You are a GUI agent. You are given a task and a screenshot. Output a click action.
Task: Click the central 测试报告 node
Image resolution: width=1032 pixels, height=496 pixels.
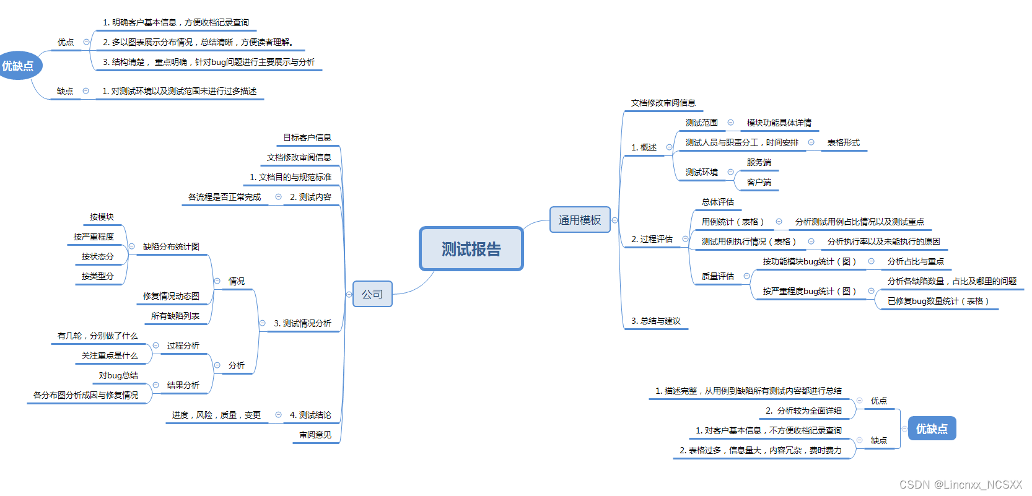(x=471, y=249)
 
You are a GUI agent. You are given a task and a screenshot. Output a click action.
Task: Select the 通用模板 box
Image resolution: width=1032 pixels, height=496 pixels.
(x=579, y=220)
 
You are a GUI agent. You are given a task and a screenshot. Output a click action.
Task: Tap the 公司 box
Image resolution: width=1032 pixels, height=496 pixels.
(x=372, y=294)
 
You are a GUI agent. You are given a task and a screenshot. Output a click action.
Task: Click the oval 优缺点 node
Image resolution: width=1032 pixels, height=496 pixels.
(x=18, y=66)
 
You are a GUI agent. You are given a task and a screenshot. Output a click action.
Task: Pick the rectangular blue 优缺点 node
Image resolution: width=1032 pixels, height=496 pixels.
(x=932, y=429)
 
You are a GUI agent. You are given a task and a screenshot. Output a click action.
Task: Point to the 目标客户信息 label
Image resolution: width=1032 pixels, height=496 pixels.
(x=307, y=137)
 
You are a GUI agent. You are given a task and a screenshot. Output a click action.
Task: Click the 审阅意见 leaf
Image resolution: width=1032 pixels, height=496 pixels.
(x=315, y=435)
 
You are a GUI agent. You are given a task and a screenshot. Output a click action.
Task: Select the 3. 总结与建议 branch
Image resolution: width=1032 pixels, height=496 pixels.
(x=655, y=321)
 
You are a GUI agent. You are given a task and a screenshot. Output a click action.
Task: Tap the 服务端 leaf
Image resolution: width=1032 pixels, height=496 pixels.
(x=759, y=162)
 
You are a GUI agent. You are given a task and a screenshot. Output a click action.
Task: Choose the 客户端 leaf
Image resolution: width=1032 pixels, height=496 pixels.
(x=759, y=182)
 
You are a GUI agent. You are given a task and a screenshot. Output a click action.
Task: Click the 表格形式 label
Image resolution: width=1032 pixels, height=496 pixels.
(x=843, y=142)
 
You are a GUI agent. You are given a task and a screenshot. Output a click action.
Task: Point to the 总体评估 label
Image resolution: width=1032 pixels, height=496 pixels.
(x=717, y=202)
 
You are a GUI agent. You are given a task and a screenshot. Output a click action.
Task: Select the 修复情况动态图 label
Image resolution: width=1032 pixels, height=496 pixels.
(x=171, y=296)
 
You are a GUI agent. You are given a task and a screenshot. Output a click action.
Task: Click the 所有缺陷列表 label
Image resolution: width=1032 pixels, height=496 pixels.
(x=175, y=316)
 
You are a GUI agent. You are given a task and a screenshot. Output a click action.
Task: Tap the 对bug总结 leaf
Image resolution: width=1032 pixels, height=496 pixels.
(x=118, y=375)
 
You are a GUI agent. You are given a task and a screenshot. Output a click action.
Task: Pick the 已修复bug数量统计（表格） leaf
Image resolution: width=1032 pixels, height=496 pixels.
(x=938, y=301)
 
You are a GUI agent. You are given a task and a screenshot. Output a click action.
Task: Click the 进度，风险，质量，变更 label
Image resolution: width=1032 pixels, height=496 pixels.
(x=216, y=415)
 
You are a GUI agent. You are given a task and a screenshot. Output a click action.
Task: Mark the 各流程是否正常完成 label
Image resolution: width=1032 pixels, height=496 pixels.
(x=224, y=197)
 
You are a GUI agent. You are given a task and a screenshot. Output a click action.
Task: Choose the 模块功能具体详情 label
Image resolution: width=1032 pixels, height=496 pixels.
(x=779, y=123)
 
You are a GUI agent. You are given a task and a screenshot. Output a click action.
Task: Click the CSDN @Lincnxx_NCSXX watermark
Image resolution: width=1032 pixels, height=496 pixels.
(x=960, y=484)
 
